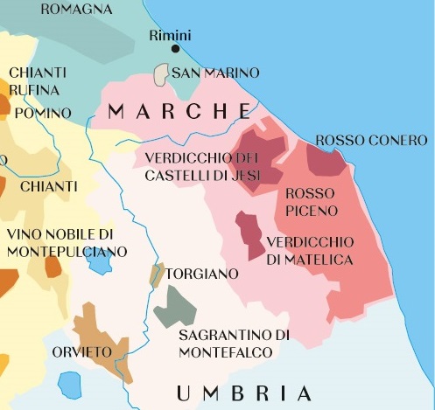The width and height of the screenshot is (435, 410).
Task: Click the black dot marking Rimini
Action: pos(175,50)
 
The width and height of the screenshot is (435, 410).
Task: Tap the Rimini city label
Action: pos(170,35)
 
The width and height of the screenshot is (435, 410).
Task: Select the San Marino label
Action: pos(216,73)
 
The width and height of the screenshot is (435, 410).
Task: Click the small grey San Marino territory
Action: pos(160,75)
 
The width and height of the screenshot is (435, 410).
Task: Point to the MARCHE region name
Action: pos(179,111)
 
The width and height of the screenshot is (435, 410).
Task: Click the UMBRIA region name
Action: pos(243,393)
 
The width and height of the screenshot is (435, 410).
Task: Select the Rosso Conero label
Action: pos(371,140)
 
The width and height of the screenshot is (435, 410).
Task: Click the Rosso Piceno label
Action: pos(305,200)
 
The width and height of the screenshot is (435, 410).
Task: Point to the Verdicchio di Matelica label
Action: pos(310,250)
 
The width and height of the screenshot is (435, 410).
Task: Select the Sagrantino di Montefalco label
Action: pos(234,344)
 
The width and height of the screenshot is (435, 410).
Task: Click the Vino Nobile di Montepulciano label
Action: pos(67,243)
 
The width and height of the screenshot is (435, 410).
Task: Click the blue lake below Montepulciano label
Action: pos(99,261)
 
